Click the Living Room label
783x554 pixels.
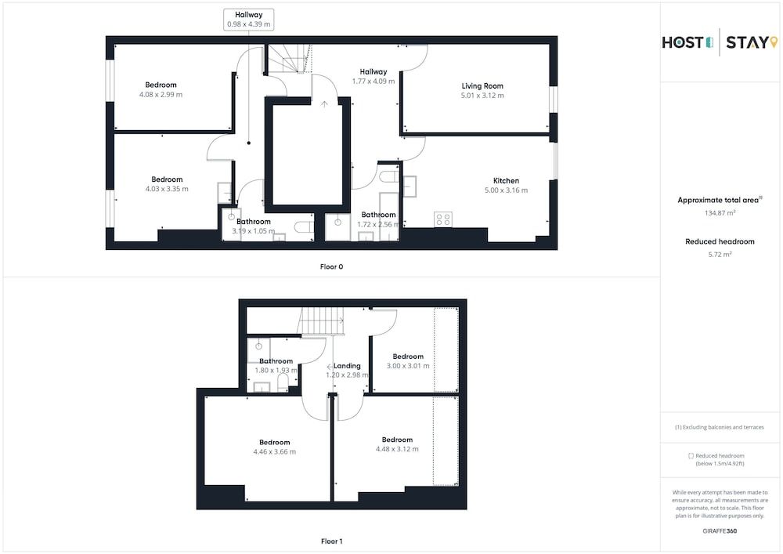(482, 85)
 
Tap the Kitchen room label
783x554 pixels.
(506, 180)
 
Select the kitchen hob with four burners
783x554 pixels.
(443, 219)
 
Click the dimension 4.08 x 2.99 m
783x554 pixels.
(161, 95)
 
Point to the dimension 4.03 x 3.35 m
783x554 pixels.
(167, 189)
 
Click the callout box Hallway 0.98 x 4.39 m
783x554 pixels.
(248, 20)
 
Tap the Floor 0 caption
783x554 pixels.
(331, 266)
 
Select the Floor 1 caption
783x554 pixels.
(331, 541)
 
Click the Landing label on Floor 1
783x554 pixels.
(347, 366)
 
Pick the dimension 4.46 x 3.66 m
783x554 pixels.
(274, 452)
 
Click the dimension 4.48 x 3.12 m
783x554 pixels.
(397, 449)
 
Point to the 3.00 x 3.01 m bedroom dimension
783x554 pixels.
(408, 366)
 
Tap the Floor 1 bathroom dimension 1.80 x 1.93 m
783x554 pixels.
(276, 371)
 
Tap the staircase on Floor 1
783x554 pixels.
(322, 320)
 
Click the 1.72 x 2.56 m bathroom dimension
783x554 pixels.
(378, 225)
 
